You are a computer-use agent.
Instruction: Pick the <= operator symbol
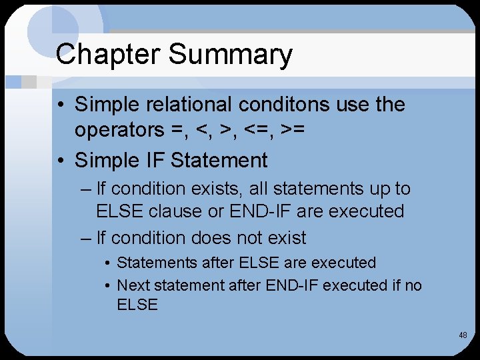pyautogui.click(x=263, y=130)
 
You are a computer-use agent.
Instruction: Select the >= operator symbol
pyautogui.click(x=293, y=130)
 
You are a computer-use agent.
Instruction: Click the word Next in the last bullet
pyautogui.click(x=135, y=285)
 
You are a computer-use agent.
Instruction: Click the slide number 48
pyautogui.click(x=463, y=335)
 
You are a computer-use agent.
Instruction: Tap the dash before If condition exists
pyautogui.click(x=85, y=189)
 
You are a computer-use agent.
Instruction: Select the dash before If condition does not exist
pyautogui.click(x=85, y=237)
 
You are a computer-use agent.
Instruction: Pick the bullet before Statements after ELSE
pyautogui.click(x=107, y=263)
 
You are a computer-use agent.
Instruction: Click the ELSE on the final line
pyautogui.click(x=137, y=305)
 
